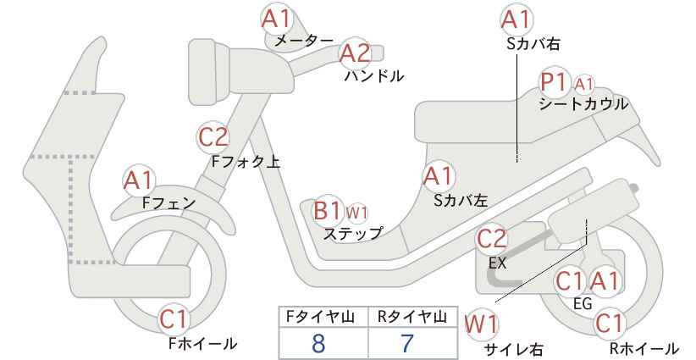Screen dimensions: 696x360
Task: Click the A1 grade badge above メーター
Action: point(277,19)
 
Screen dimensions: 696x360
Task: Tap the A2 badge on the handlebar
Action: point(356,53)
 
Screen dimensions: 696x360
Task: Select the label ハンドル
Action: point(374,76)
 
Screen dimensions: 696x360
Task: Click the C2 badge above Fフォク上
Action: point(213,137)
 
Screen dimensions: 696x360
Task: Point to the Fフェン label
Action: point(168,203)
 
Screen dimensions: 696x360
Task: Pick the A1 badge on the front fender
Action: point(139,180)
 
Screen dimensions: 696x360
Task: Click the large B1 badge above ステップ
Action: point(328,211)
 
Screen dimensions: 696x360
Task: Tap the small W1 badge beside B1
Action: point(356,213)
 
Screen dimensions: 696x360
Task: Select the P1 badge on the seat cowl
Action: point(555,82)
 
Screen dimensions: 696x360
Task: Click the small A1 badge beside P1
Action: point(583,84)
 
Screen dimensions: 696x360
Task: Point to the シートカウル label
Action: point(583,104)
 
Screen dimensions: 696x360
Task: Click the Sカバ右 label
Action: point(533,43)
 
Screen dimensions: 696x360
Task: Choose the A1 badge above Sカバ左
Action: point(439,176)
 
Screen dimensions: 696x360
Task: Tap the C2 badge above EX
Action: point(492,239)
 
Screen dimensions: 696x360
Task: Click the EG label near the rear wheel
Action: point(583,303)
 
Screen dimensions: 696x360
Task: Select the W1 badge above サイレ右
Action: point(481,324)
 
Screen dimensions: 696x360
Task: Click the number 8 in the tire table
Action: point(318,343)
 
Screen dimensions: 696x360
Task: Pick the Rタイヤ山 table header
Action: point(412,317)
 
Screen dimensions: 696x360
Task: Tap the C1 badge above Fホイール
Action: point(175,319)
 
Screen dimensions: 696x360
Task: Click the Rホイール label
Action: point(644,348)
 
